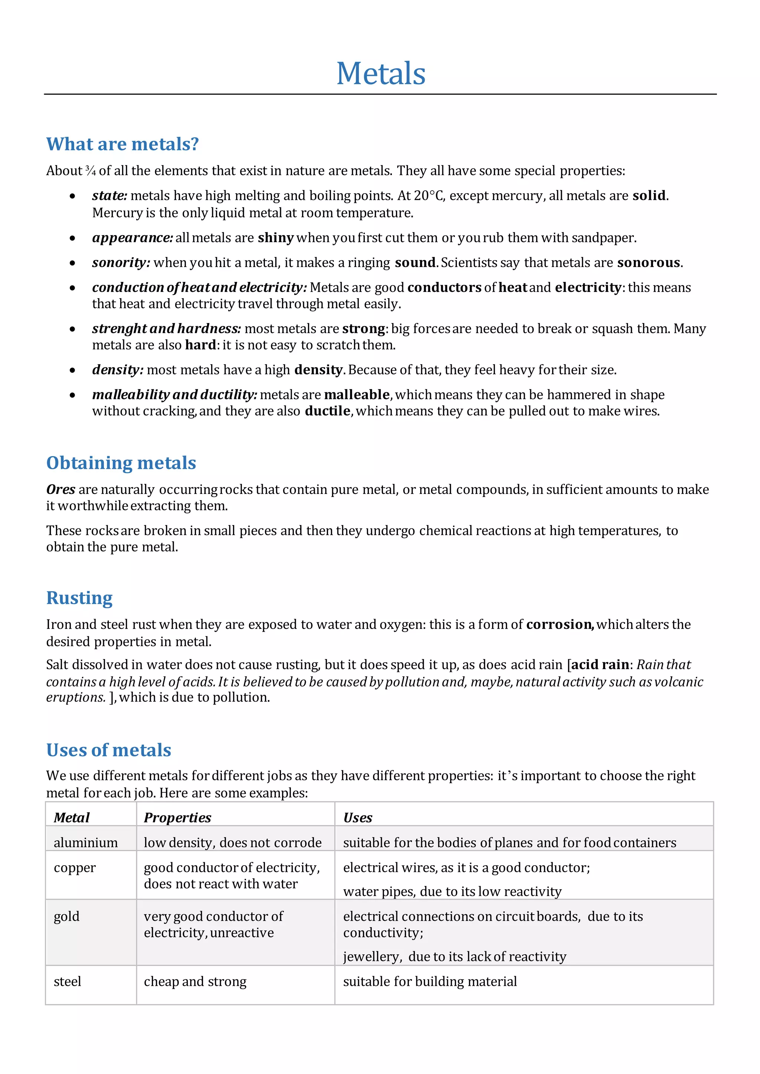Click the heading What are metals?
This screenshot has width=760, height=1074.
point(122,144)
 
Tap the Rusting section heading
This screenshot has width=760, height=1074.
point(79,598)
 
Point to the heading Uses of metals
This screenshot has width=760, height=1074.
point(109,750)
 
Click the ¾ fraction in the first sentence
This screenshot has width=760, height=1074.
point(90,171)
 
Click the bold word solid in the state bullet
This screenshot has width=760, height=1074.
point(649,195)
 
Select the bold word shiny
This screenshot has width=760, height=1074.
point(276,238)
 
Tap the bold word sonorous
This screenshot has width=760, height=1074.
point(648,263)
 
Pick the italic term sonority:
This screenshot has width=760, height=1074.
point(121,263)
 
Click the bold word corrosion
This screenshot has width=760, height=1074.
point(559,625)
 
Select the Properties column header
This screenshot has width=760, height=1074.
point(177,817)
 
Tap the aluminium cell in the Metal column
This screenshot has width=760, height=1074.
point(86,843)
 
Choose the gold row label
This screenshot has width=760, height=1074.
point(66,916)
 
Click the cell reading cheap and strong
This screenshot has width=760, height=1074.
point(195,981)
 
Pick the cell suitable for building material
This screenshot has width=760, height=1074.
point(430,981)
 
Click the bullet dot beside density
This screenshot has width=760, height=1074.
point(72,370)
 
